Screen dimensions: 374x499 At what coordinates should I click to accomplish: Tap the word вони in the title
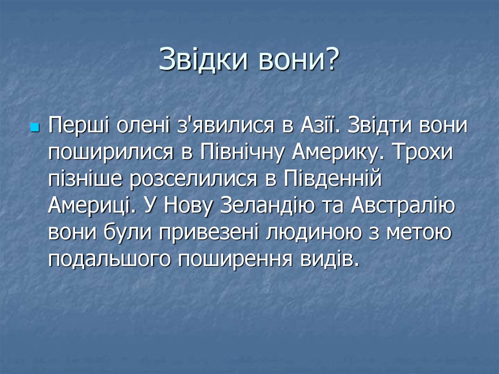click(x=301, y=61)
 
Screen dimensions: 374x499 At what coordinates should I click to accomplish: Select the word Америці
click(x=90, y=208)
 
